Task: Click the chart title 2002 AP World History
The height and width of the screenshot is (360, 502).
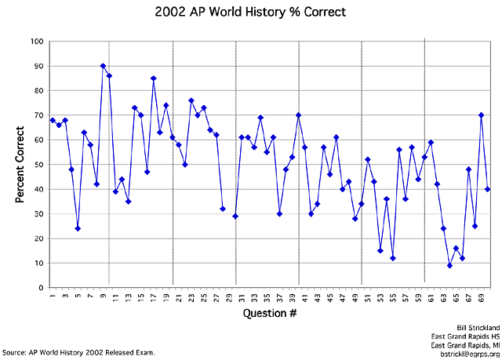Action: click(251, 13)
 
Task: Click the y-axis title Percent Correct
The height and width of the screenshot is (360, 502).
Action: click(20, 164)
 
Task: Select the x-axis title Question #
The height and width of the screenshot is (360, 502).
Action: click(270, 315)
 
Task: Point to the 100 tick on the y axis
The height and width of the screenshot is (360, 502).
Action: click(37, 41)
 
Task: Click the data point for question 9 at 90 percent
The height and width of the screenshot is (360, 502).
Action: click(103, 66)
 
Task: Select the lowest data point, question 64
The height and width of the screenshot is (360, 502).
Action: click(449, 265)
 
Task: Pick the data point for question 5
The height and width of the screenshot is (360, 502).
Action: click(78, 228)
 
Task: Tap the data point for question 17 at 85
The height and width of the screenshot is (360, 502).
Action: click(154, 78)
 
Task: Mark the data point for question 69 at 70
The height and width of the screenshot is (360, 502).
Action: click(481, 115)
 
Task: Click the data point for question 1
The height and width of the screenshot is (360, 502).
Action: click(53, 120)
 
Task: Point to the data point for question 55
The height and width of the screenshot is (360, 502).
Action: click(393, 258)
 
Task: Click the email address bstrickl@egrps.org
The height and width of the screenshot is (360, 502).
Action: click(466, 352)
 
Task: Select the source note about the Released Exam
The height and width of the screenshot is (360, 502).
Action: click(78, 352)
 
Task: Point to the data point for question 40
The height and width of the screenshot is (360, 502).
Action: click(298, 115)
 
